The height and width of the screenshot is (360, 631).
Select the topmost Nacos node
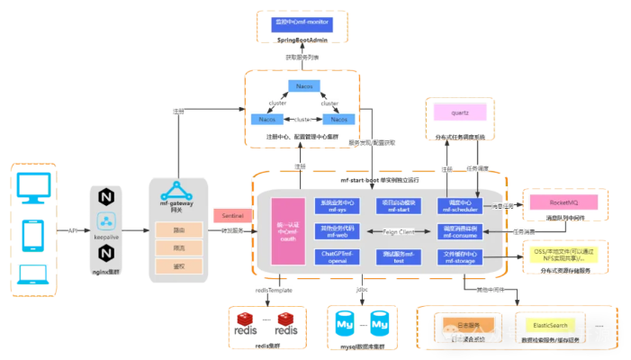301,86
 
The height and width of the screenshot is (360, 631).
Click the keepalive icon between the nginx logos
107,224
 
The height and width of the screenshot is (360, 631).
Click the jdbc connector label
361,291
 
